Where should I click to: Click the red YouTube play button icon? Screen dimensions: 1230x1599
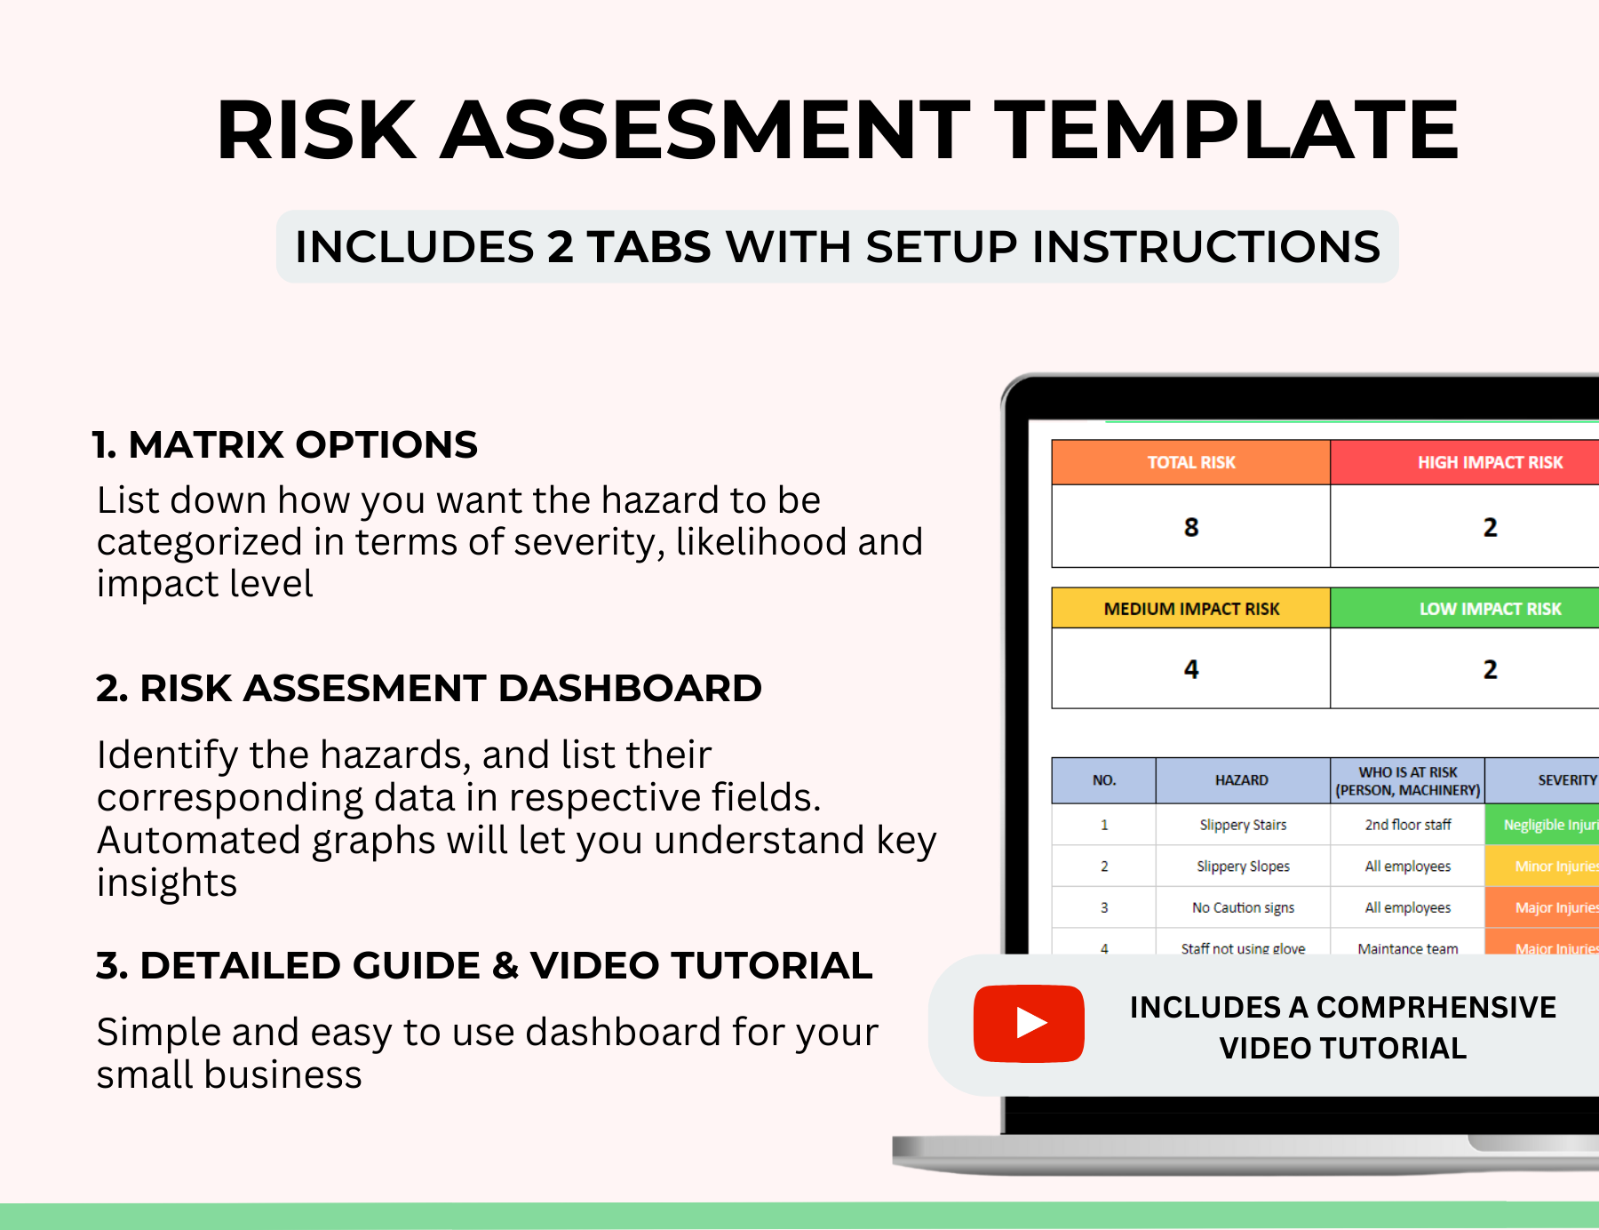click(x=1029, y=1023)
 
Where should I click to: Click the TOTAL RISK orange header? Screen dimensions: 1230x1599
click(x=1190, y=462)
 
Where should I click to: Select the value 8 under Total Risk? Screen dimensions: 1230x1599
click(x=1190, y=527)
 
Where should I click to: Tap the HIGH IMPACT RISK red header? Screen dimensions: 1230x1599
click(x=1489, y=462)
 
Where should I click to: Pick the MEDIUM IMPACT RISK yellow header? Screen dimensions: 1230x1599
click(x=1190, y=609)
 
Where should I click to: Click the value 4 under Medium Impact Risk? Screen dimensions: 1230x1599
click(x=1190, y=669)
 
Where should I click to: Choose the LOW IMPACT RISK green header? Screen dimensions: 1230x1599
click(x=1489, y=609)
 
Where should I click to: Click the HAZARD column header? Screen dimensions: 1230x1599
click(x=1241, y=780)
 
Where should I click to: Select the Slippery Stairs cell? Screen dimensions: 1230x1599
click(x=1242, y=825)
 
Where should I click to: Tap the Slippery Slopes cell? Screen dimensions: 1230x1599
click(x=1242, y=867)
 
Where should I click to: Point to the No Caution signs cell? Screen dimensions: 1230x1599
click(x=1242, y=907)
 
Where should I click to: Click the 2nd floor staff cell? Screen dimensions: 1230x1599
click(x=1407, y=825)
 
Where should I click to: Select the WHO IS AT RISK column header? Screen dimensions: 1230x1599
click(x=1407, y=780)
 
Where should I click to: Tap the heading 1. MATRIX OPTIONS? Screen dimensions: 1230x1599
click(x=284, y=444)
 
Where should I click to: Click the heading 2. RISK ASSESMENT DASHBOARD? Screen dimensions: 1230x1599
click(x=428, y=688)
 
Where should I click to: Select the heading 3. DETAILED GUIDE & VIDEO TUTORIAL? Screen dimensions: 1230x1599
click(x=484, y=965)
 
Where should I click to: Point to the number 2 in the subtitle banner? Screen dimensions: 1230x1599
click(x=560, y=247)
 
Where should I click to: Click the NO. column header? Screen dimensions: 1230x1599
click(x=1103, y=780)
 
